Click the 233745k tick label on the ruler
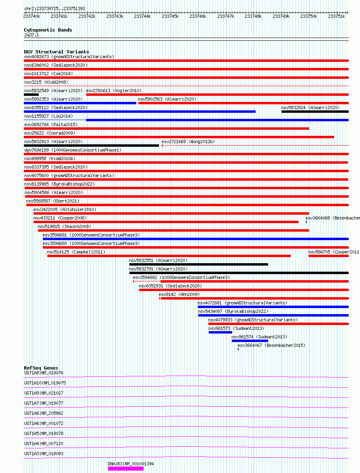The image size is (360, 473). point(170,16)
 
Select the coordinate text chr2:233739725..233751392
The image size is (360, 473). point(55,8)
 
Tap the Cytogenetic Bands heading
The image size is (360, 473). point(48,30)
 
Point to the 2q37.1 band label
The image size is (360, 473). point(32,35)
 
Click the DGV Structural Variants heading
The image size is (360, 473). point(57,52)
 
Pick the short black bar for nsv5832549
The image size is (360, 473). point(32,95)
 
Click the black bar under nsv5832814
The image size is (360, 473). point(315,112)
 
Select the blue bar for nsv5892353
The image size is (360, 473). point(80,103)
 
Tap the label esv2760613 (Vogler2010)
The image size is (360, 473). point(114,91)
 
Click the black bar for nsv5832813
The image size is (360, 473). point(91,146)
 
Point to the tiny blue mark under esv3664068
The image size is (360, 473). point(306,222)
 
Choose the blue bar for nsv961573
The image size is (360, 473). point(220,332)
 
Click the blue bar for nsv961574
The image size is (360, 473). point(250,341)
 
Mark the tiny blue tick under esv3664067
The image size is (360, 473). point(238,349)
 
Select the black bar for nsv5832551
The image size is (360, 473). point(199,264)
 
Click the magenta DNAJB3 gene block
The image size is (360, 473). point(125,469)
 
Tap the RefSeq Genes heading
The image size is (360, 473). point(41,368)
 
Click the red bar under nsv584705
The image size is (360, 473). point(328,256)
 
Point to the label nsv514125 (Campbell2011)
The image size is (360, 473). point(76,252)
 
